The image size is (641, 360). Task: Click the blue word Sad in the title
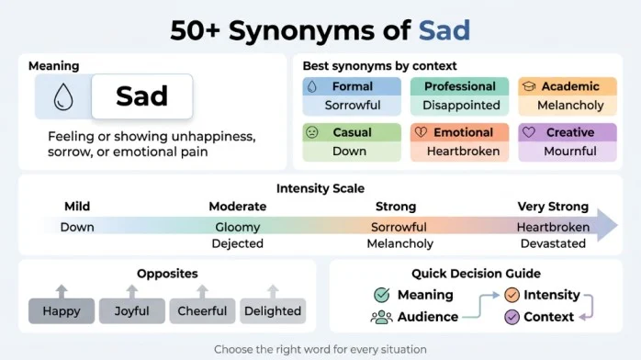pos(444,30)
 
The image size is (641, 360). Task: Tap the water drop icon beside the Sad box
pos(63,96)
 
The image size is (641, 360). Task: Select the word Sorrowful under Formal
pos(353,105)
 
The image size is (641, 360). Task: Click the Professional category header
pos(459,86)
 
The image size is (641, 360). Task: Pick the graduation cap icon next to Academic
pos(529,86)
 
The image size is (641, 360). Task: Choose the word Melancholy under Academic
pos(570,105)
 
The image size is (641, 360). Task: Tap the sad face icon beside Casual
pos(312,132)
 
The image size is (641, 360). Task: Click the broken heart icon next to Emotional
pos(421,132)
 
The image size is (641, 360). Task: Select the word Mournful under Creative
pos(570,152)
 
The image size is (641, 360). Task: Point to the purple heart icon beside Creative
pos(529,132)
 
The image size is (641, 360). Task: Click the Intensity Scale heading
pos(320,188)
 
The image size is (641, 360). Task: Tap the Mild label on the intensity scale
pos(77,207)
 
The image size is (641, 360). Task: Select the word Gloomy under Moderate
pos(238,227)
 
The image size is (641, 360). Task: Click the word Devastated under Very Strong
pos(553,243)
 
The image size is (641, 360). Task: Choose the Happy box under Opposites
pos(62,311)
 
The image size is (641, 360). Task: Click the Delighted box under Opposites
pos(273,311)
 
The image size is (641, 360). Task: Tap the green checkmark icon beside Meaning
pos(382,295)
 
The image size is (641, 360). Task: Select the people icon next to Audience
pos(381,317)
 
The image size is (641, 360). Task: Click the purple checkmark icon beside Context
pos(512,317)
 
